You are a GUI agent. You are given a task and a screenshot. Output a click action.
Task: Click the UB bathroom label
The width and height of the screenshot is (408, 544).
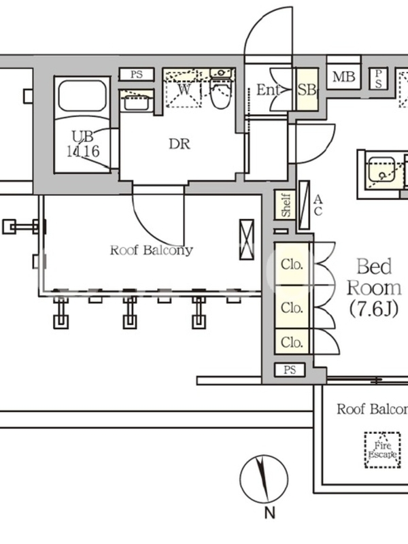(82, 136)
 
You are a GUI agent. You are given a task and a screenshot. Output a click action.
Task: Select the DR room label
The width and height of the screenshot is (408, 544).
(180, 144)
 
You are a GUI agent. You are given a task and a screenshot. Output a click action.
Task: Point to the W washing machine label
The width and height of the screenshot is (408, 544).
(184, 88)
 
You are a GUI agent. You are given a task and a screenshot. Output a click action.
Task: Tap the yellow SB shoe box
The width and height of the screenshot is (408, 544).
(307, 90)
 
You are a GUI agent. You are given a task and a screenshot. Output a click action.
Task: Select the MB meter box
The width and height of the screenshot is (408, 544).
(343, 78)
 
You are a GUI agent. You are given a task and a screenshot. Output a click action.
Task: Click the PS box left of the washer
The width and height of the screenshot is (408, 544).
(137, 74)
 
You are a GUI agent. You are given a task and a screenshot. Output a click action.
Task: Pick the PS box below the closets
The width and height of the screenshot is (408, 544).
(290, 370)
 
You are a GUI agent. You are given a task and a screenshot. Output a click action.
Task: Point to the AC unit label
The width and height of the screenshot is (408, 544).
(318, 204)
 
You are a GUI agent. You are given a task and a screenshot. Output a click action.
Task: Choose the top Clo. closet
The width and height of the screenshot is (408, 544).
(292, 264)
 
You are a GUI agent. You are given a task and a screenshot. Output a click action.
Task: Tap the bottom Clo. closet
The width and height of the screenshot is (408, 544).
(292, 341)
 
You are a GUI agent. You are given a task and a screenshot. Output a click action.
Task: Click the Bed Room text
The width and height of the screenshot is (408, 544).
(375, 275)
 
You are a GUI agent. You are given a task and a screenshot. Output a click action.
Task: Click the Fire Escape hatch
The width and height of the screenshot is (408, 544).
(382, 450)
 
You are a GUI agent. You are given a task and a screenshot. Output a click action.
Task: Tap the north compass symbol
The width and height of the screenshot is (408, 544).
(264, 475)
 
